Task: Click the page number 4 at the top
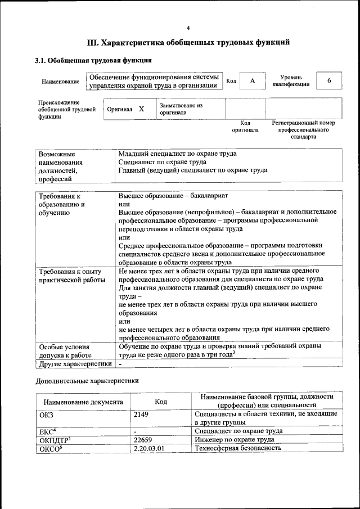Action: tap(188, 28)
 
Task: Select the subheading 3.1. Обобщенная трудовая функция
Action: tap(93, 60)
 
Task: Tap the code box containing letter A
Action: tap(253, 81)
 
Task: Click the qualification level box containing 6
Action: tap(329, 81)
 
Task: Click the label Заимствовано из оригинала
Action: tap(181, 109)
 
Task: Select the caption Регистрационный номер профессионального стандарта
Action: tap(303, 129)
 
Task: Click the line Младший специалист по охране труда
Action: tap(177, 154)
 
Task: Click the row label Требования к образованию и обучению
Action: tap(61, 204)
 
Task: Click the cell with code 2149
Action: tap(143, 414)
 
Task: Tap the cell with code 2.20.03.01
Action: tap(151, 448)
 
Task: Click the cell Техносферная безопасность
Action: tap(237, 448)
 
